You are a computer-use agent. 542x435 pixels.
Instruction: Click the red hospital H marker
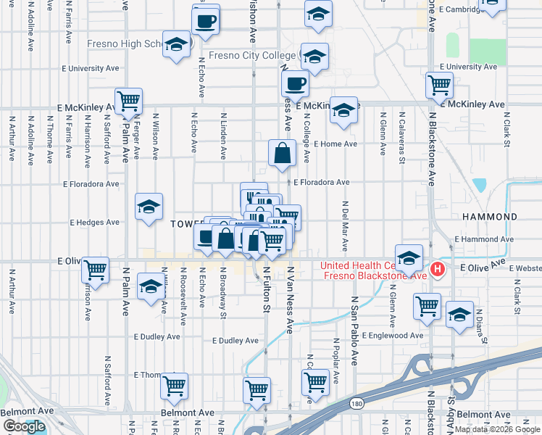click(437, 270)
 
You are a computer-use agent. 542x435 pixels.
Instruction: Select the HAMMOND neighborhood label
click(488, 217)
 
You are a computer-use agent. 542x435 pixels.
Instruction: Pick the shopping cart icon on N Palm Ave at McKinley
click(128, 100)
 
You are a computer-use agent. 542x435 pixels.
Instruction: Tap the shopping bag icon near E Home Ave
click(282, 152)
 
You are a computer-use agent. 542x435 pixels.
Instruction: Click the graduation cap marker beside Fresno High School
click(176, 44)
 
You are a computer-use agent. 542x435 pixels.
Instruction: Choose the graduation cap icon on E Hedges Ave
click(149, 207)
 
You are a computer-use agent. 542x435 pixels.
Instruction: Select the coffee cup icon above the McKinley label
click(295, 83)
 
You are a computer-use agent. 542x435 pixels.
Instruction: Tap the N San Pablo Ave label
click(355, 329)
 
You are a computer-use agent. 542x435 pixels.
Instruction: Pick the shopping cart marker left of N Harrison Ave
click(95, 270)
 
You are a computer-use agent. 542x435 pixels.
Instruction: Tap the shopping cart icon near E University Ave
click(439, 85)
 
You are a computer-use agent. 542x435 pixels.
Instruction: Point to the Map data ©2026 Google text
click(497, 429)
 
